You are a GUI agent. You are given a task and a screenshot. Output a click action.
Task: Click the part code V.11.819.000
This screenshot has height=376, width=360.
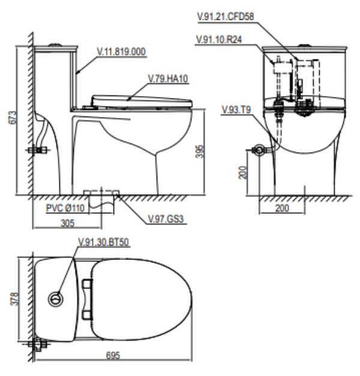point(121,52)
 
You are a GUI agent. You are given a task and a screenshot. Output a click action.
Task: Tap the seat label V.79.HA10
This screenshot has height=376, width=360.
point(168,79)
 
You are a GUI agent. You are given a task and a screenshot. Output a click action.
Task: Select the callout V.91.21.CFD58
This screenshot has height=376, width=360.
point(226,17)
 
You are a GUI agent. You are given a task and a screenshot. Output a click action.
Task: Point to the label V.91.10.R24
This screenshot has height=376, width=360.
point(219,40)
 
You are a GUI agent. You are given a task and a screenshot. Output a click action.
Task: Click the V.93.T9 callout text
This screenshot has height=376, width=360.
point(236,110)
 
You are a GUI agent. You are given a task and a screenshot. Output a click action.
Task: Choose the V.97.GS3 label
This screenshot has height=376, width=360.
point(166,219)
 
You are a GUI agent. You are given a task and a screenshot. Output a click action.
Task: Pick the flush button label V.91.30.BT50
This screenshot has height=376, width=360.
point(104,242)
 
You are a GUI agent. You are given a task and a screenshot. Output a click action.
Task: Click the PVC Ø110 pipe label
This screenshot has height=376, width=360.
point(65,208)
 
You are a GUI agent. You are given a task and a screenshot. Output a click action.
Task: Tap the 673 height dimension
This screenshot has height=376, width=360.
point(13,118)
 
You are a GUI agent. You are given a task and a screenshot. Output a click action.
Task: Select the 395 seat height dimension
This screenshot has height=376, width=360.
point(200,151)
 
